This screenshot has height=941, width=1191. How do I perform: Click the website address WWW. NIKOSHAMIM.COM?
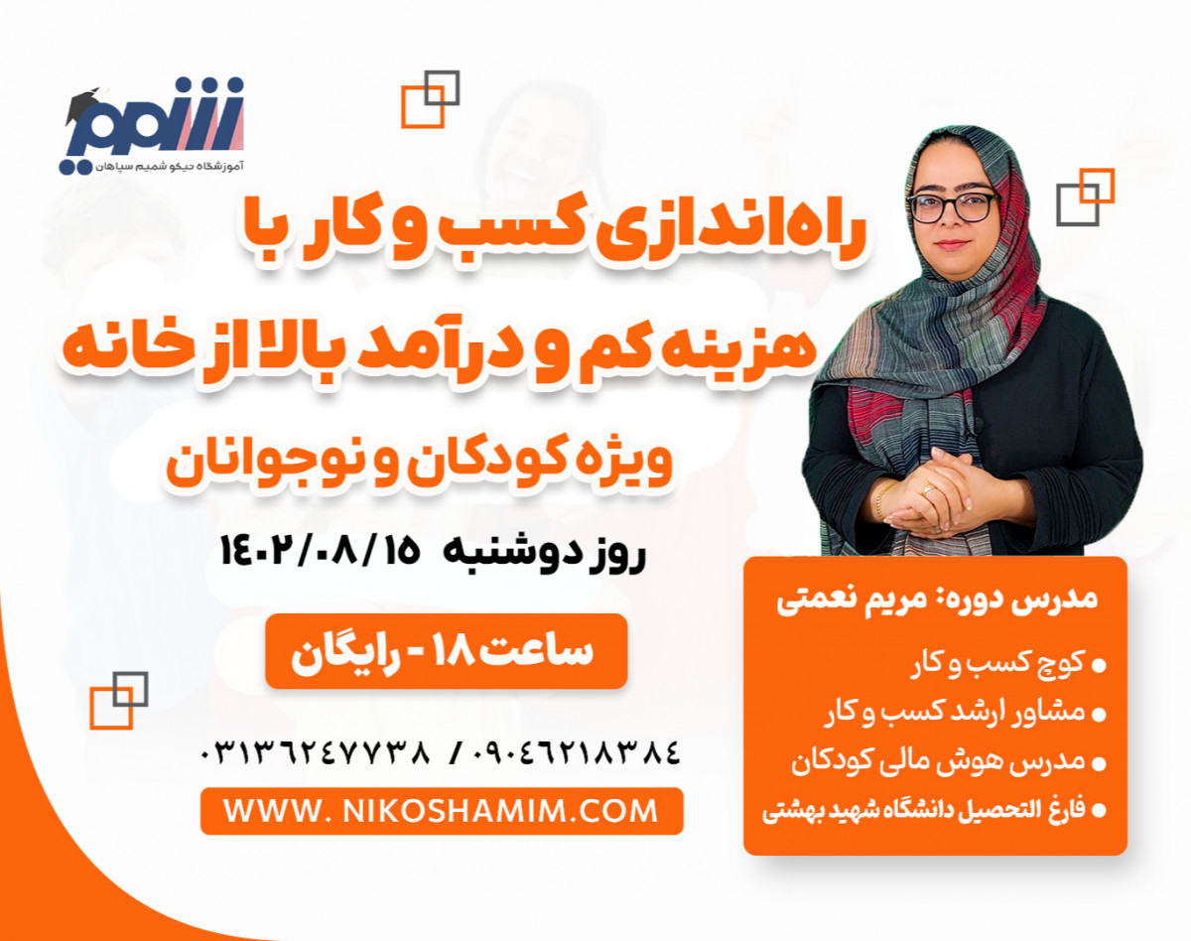point(441,811)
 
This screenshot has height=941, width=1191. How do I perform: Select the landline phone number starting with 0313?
point(317,751)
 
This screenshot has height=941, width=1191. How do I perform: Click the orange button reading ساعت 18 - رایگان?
point(446,651)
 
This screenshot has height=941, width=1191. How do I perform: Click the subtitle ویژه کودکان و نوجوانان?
point(420,465)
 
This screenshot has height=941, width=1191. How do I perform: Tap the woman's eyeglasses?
point(952,207)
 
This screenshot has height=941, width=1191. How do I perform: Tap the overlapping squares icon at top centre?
point(430,98)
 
